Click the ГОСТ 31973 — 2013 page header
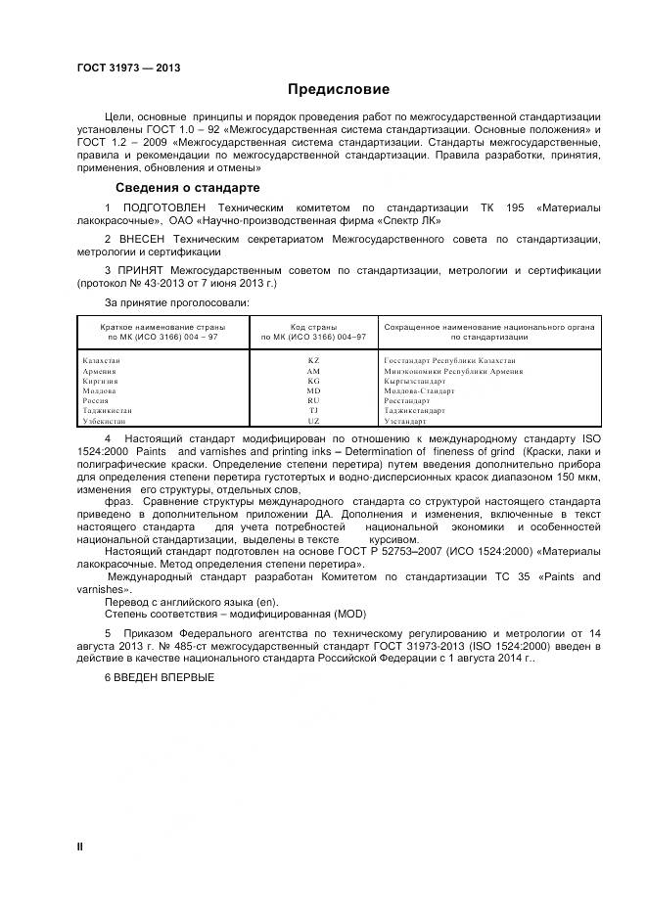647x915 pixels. click(128, 68)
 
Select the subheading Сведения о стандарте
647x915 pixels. click(187, 187)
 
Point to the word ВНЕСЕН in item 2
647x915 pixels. click(143, 239)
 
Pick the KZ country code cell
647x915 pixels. click(313, 361)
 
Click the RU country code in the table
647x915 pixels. click(313, 400)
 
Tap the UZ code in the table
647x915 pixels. click(313, 421)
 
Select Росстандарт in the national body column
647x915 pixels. click(407, 400)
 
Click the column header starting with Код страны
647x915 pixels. click(313, 331)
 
